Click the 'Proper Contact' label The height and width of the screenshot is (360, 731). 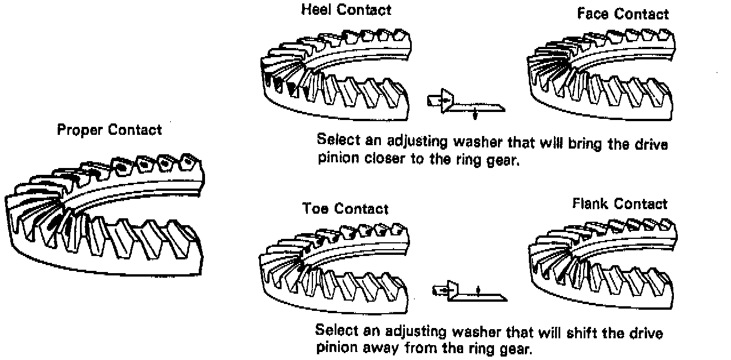[x=109, y=130]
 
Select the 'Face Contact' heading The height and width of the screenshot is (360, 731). [x=622, y=14]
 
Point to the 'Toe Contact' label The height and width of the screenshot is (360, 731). [x=345, y=209]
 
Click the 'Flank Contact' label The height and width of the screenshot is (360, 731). [x=620, y=203]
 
